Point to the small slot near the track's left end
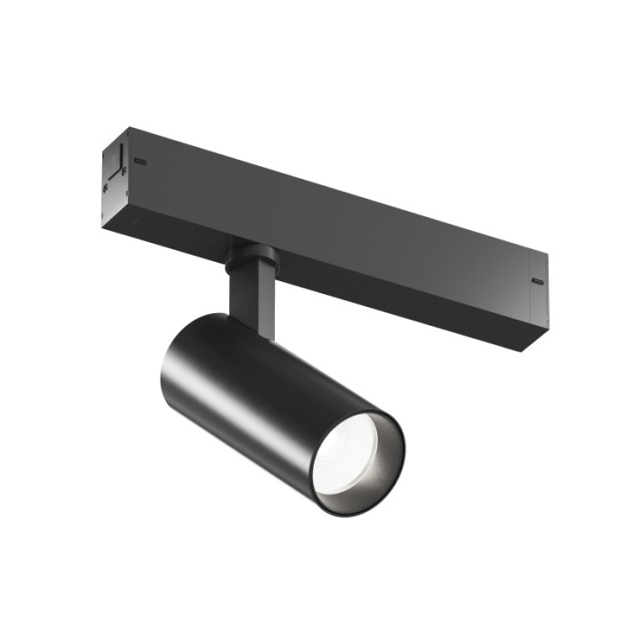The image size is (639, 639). [x=141, y=162]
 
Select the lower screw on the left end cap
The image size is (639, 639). [x=106, y=189]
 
